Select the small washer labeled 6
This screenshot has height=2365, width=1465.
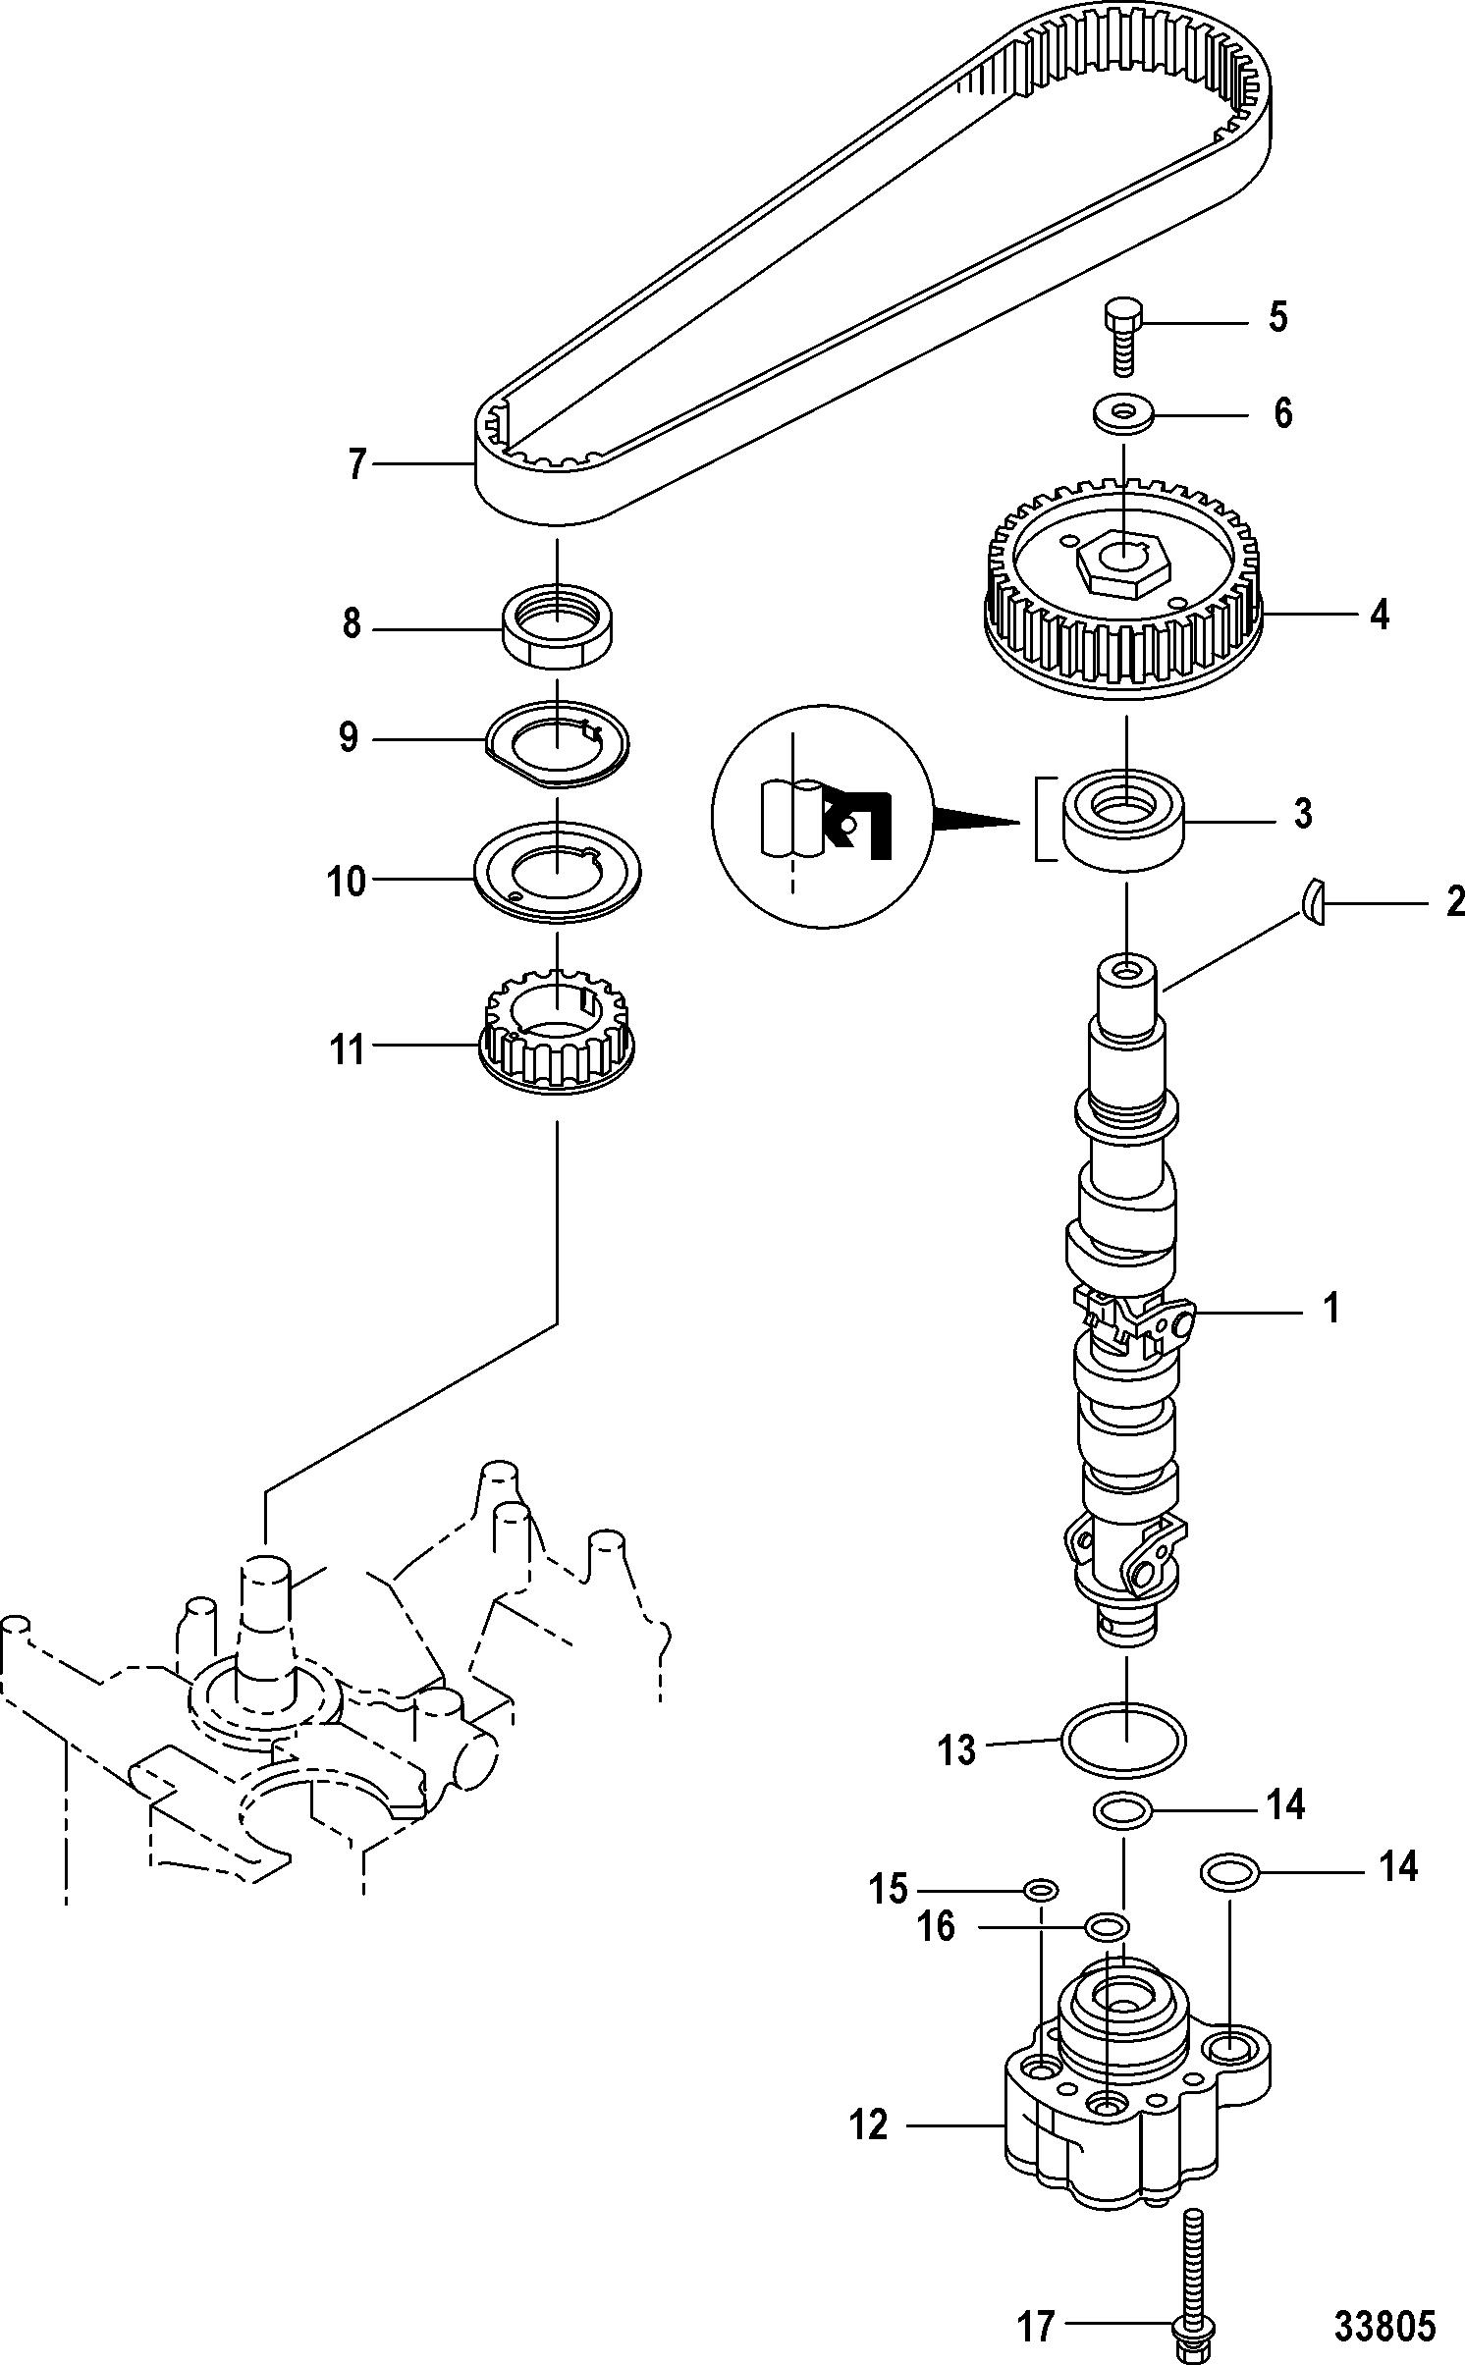(x=1123, y=413)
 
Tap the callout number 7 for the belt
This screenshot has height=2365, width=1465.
(x=356, y=463)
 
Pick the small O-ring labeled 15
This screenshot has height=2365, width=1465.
(x=1040, y=1890)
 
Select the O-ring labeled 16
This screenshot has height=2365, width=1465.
(x=1107, y=1926)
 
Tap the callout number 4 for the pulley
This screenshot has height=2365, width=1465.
(x=1379, y=616)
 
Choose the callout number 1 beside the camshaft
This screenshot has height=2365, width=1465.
(x=1331, y=1310)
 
